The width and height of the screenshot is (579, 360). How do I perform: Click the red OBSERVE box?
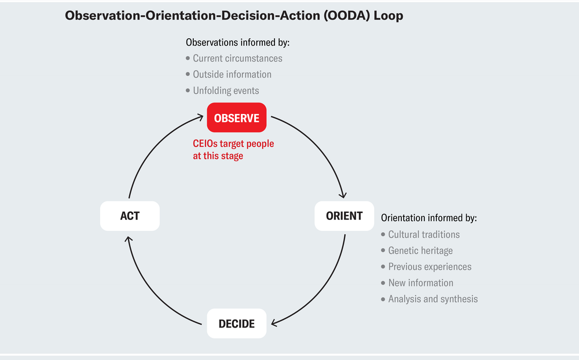(x=237, y=118)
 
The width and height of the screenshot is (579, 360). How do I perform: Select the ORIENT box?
(x=344, y=216)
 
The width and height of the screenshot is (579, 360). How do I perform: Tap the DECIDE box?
(x=237, y=324)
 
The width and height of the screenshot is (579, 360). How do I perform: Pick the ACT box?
(x=130, y=216)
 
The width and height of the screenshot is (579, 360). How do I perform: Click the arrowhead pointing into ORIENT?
(x=343, y=196)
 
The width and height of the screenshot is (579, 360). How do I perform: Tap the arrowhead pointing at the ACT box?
(x=129, y=236)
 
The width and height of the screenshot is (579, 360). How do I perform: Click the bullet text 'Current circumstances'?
(x=237, y=58)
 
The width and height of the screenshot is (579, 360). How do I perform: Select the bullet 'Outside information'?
(x=232, y=74)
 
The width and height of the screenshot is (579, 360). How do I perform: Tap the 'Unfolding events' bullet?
(x=226, y=90)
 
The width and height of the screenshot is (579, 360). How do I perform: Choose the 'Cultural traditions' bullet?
(x=424, y=234)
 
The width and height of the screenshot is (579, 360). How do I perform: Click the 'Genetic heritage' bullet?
(x=420, y=251)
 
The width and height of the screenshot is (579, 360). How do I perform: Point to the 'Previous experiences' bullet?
(x=430, y=267)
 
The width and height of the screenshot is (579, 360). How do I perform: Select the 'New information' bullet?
(x=420, y=283)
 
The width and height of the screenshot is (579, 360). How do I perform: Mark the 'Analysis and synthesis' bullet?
(x=433, y=299)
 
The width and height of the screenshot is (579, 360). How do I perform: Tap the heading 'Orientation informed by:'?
(x=428, y=218)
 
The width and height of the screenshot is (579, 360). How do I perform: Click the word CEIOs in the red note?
(x=207, y=144)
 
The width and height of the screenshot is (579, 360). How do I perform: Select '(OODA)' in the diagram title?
(x=341, y=16)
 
